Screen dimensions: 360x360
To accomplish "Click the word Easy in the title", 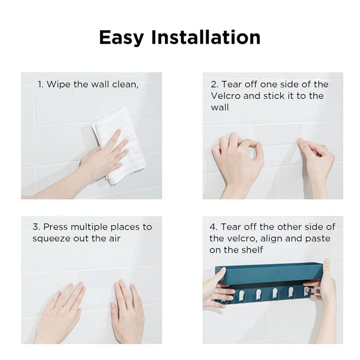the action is (121, 38).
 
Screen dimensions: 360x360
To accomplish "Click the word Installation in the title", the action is (206, 37).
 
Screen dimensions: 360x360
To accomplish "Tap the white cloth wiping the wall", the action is (119, 145).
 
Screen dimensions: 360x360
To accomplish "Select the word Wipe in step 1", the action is (59, 84).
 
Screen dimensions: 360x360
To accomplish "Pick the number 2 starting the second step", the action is (214, 85).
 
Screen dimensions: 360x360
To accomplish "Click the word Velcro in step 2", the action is (226, 96).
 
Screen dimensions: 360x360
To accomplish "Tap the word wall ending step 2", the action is (220, 107).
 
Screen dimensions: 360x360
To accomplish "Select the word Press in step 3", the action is (56, 227).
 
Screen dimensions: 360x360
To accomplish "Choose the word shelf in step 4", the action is (252, 250).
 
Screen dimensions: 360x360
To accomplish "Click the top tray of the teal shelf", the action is (269, 273).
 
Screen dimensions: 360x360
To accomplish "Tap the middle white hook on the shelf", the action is (275, 294).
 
